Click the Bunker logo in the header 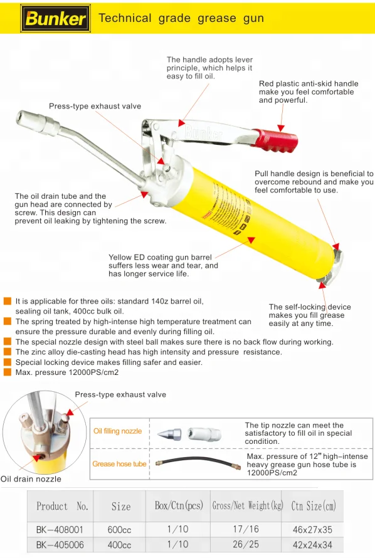tap(55, 18)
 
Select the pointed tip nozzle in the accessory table tap(169, 434)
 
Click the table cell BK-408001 tap(60, 530)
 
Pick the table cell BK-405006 tap(60, 545)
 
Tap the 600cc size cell tap(119, 530)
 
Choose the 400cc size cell tap(119, 545)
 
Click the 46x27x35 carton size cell tap(312, 530)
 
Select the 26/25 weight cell tap(246, 544)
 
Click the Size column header tap(121, 507)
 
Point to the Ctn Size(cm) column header tap(314, 506)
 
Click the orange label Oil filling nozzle tap(117, 431)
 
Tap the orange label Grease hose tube tap(120, 464)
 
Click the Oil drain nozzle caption tap(31, 479)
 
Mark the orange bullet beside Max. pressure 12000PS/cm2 tap(7, 372)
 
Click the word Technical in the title tap(125, 18)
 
